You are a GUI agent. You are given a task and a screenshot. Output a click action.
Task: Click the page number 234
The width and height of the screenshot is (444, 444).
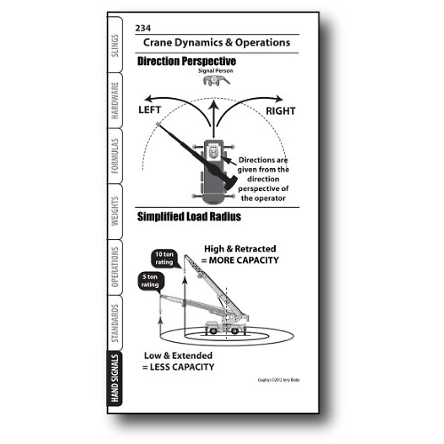click(143, 28)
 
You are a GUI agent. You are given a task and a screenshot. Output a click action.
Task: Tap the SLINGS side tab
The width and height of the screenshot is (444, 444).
click(115, 46)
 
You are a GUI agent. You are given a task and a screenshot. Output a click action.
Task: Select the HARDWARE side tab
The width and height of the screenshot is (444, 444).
click(115, 101)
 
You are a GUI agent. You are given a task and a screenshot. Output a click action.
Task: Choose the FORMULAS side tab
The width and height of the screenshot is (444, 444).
click(115, 156)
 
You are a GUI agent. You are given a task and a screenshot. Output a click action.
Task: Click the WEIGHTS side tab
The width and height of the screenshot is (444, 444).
click(115, 211)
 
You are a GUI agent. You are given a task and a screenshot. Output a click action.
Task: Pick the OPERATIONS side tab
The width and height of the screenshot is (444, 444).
click(115, 267)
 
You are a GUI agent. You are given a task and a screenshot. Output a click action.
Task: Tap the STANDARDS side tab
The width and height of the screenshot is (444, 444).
click(115, 323)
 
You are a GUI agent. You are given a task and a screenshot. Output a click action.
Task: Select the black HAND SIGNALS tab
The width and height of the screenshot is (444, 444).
click(115, 378)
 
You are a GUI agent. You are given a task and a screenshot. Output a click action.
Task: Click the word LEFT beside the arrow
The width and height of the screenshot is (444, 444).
click(149, 110)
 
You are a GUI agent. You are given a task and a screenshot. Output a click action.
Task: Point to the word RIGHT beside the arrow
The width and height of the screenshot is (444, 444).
click(280, 111)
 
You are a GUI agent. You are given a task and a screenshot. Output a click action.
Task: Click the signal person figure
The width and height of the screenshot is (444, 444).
click(216, 80)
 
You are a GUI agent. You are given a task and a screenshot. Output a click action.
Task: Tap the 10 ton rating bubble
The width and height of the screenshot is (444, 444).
click(164, 258)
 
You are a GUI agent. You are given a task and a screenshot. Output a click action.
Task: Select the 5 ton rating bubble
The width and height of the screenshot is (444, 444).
click(150, 281)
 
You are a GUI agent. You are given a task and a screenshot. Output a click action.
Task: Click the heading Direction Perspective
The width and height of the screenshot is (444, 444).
click(186, 61)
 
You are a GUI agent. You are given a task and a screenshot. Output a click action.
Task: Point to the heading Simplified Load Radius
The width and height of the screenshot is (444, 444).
click(189, 216)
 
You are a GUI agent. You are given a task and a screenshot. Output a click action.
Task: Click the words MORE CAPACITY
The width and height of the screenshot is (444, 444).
click(244, 260)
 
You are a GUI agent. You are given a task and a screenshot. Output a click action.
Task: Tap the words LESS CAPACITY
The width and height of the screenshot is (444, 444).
click(182, 367)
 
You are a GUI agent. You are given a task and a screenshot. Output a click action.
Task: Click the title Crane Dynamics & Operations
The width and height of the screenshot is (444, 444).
click(216, 43)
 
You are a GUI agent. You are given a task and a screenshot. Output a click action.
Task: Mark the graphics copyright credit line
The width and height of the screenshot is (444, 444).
click(279, 380)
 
